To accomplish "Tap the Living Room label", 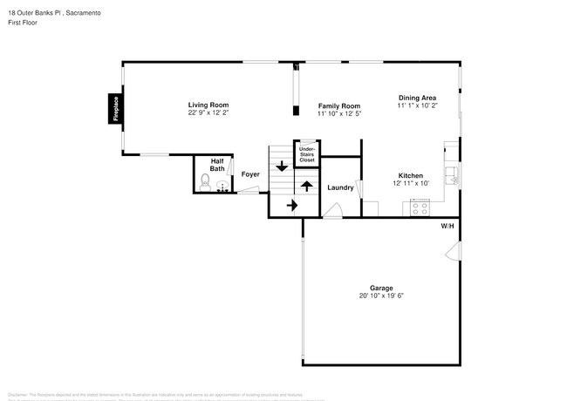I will pos(208,105).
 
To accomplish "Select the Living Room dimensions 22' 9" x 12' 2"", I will pos(208,113).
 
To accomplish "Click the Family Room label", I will pos(338,105).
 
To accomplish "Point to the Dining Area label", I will pos(417,98).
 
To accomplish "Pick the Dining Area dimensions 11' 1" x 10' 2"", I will pos(417,105).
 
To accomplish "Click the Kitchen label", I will pos(411,175).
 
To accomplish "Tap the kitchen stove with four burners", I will pos(420,208).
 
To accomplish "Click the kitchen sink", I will pos(452,175).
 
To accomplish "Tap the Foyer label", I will pos(250,174).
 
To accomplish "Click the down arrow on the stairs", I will pos(282,166).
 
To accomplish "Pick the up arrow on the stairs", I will pos(306,185).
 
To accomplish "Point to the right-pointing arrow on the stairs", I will pos(291,205).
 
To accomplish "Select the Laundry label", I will pos(339,187).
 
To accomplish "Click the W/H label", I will pos(447,226).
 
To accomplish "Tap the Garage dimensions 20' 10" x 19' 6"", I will pos(381,296).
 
